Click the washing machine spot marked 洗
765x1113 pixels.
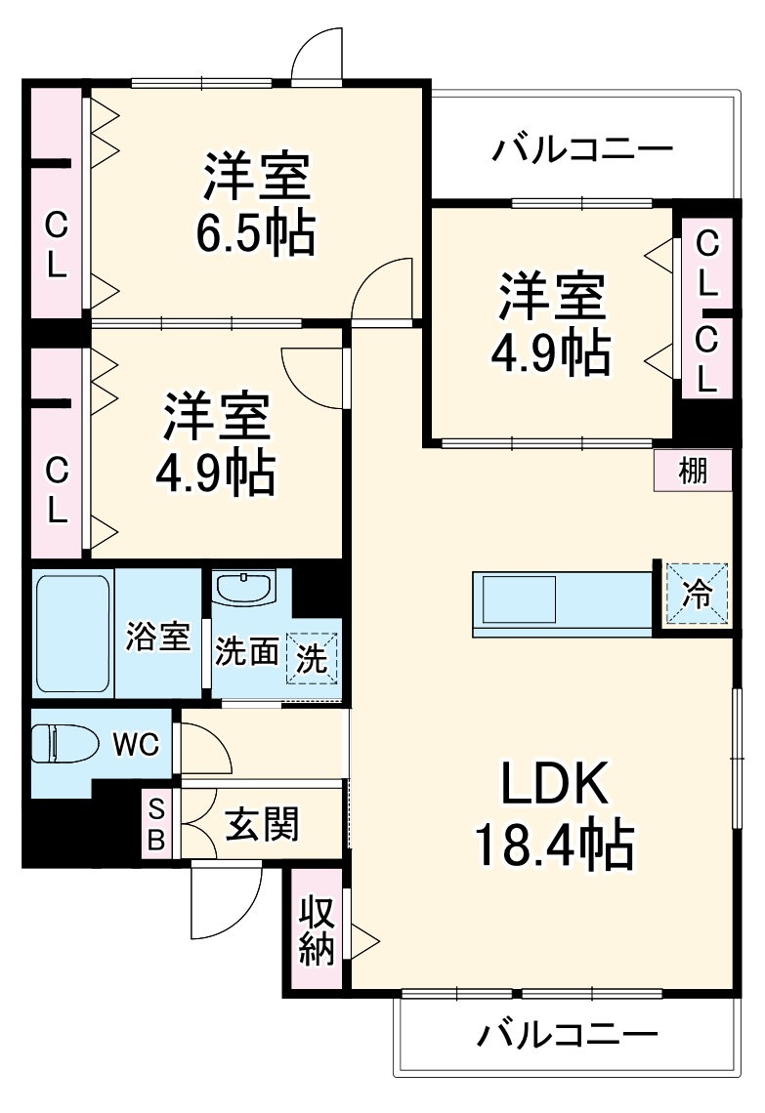[312, 658]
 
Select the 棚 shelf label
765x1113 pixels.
[693, 472]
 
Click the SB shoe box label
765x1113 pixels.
[156, 822]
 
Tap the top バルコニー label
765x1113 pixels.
[582, 149]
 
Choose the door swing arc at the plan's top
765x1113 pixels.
[319, 54]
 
